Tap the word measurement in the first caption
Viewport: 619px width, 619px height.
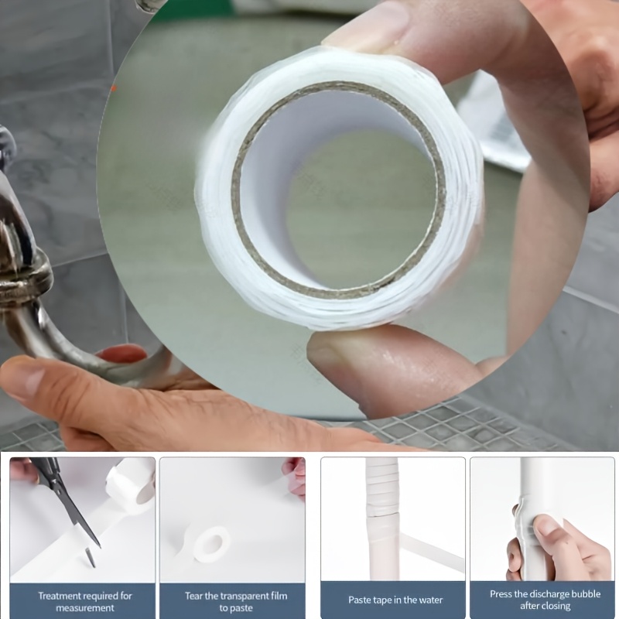click(x=85, y=608)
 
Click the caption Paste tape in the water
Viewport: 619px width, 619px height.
click(x=395, y=600)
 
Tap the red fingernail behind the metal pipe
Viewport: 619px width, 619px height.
click(x=122, y=354)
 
